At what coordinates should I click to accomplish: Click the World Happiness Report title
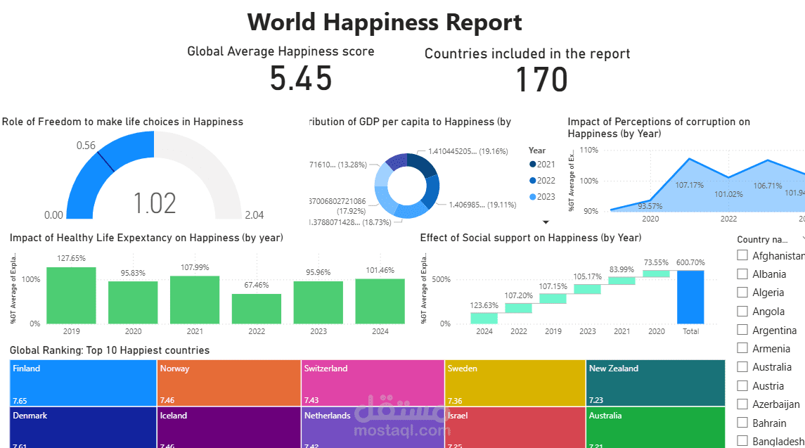385,23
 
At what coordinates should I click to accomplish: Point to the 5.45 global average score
301,79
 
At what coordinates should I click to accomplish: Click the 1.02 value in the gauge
155,203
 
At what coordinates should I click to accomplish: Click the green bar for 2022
256,309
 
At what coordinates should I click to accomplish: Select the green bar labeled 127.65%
71,295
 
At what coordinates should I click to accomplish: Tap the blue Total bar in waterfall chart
690,297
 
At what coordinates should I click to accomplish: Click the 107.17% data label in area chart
689,185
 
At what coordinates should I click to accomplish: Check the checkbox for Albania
742,274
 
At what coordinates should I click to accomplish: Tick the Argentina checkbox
742,330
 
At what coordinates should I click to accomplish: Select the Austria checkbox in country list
742,385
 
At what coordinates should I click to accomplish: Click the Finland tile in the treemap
83,383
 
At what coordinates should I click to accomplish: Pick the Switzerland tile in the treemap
373,383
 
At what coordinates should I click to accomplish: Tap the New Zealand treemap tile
655,383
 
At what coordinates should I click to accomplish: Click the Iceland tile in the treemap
228,427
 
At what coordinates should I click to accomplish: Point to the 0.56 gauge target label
86,146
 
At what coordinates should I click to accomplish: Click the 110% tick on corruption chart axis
588,151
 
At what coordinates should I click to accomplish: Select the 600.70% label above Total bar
690,262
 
